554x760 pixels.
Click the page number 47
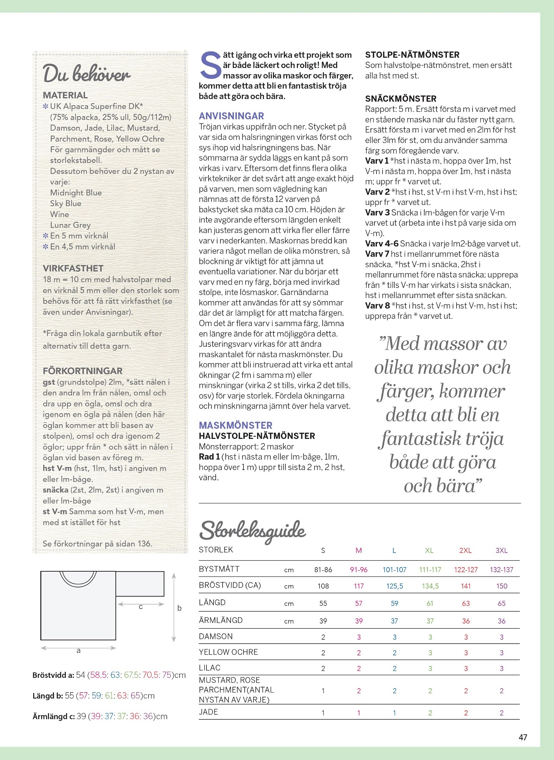tap(523, 737)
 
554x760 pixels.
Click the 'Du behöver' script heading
tap(87, 74)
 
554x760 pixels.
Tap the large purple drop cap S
tap(210, 65)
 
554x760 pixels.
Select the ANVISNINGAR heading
tap(231, 116)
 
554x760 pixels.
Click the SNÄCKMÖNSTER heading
tap(400, 99)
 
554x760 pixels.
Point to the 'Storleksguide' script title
tap(253, 531)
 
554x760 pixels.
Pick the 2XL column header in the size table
tap(465, 550)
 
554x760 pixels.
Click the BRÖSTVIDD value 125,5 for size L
tap(394, 586)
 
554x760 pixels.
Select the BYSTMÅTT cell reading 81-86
tap(323, 570)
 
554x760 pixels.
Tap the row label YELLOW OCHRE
tap(228, 652)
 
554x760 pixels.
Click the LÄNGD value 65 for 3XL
tap(501, 603)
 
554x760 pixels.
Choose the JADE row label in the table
tap(209, 712)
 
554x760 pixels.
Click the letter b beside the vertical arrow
tap(179, 608)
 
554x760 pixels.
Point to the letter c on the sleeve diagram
tap(141, 606)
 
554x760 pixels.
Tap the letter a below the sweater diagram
tap(79, 651)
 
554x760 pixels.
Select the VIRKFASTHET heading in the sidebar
tap(73, 268)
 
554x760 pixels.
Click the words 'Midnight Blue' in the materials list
tap(76, 192)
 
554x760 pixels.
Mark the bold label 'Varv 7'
tap(377, 254)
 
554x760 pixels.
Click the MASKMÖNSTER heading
tap(235, 425)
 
